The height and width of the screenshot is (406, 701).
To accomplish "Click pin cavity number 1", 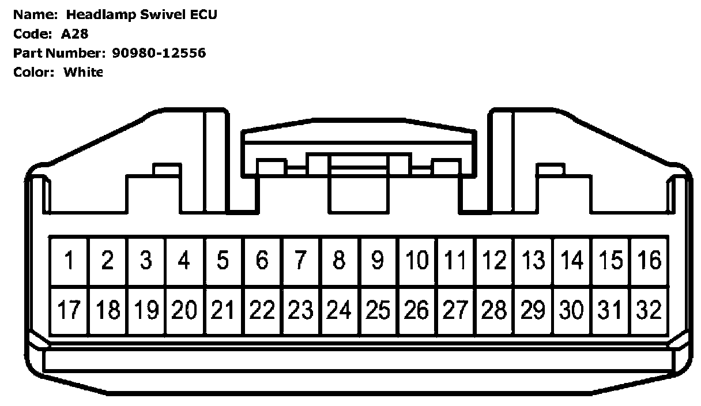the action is tap(69, 261).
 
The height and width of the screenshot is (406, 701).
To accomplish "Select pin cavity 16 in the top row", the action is tap(650, 261).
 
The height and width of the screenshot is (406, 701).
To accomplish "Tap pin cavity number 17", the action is tap(69, 311).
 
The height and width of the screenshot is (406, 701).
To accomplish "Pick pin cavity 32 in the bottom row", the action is tap(650, 311).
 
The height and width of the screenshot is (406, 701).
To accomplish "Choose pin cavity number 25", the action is tap(378, 311).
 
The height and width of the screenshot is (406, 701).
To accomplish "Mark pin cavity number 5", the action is tap(224, 261).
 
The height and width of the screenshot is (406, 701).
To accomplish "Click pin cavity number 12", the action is tap(495, 261).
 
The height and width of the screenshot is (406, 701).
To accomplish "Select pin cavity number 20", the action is tap(184, 311).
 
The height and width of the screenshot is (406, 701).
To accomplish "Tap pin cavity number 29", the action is tap(533, 311).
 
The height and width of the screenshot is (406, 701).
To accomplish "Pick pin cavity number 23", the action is tap(301, 311).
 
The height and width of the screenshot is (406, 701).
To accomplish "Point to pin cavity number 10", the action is tap(417, 261).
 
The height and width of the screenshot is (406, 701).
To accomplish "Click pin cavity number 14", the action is tap(572, 261).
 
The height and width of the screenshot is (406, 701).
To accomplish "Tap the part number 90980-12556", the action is tap(157, 53).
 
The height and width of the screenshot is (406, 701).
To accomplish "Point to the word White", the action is tap(83, 72).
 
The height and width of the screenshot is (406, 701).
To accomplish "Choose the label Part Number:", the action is tap(57, 53).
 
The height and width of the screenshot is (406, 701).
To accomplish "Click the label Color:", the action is tap(34, 72).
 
